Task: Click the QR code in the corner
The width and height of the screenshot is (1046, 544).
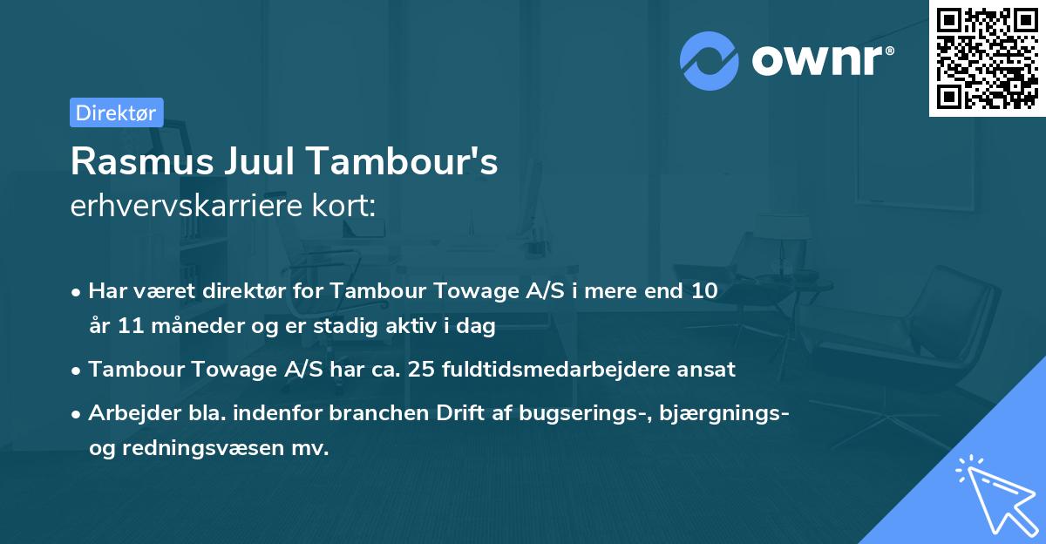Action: (985, 58)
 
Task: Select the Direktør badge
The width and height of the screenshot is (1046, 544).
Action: (116, 112)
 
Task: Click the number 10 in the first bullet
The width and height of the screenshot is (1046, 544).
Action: (704, 291)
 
